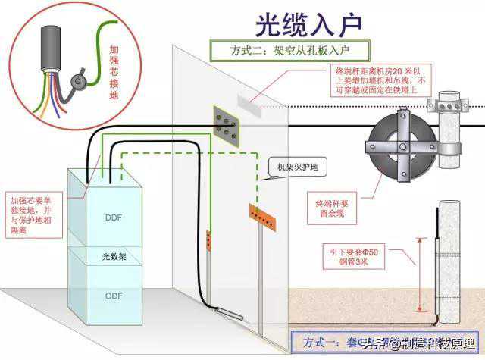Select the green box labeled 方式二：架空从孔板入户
click(x=290, y=51)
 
